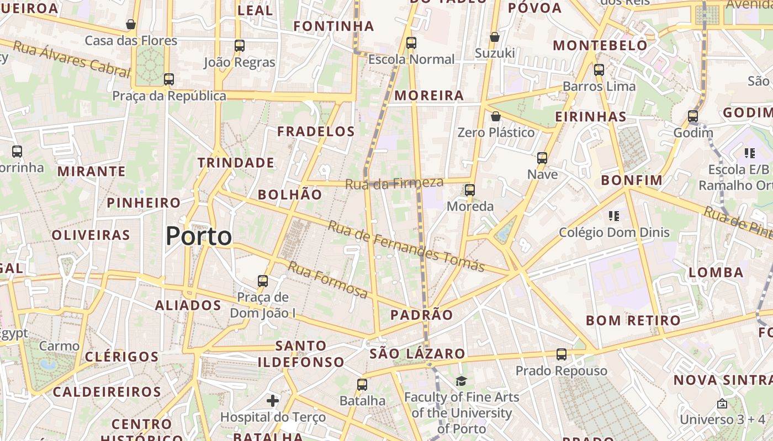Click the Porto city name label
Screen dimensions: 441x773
point(199,236)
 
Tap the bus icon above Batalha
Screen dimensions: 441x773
point(362,384)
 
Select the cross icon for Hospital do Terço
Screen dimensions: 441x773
point(273,401)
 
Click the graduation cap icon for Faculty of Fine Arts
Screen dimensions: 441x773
point(461,381)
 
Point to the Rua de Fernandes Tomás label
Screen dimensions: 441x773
point(406,246)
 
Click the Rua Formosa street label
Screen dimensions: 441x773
point(328,280)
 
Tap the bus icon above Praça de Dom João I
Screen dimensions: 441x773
point(263,281)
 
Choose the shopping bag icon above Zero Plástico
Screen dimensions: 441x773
point(496,116)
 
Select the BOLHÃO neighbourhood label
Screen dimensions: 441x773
point(290,194)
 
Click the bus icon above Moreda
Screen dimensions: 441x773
point(470,190)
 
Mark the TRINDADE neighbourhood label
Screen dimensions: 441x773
point(236,163)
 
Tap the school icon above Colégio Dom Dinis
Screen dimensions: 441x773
point(614,216)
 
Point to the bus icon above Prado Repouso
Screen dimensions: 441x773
point(562,354)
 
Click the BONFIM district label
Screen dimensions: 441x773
point(632,180)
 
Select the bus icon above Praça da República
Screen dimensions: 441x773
point(169,79)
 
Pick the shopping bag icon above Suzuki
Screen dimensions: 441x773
point(495,37)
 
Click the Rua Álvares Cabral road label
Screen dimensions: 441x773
point(71,58)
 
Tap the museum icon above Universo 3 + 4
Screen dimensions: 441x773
point(722,404)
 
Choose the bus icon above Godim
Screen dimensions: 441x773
point(693,116)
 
